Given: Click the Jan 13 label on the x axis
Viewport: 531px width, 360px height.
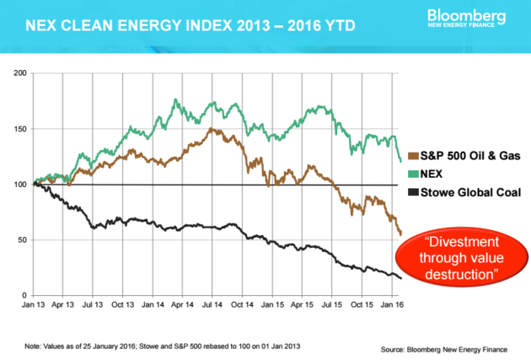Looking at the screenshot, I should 35,305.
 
